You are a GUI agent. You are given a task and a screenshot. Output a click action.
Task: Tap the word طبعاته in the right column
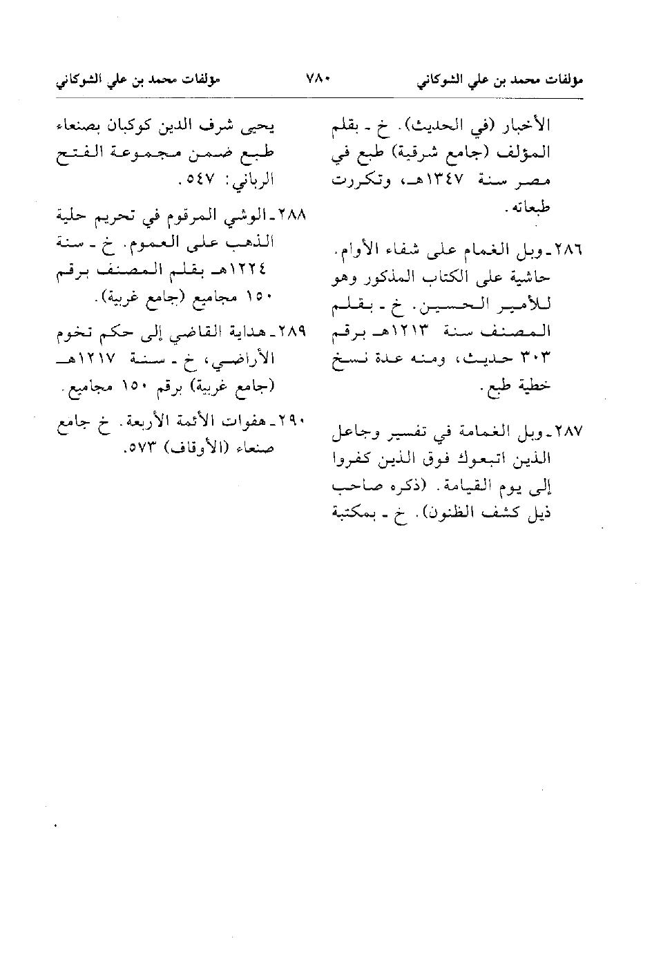click(530, 207)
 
